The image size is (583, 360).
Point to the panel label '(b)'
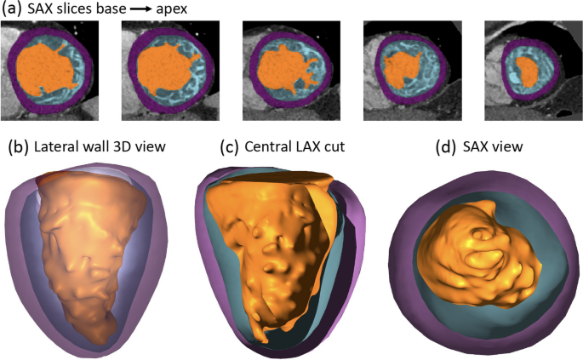(x=19, y=146)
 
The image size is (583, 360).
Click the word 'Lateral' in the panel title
(x=58, y=146)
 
